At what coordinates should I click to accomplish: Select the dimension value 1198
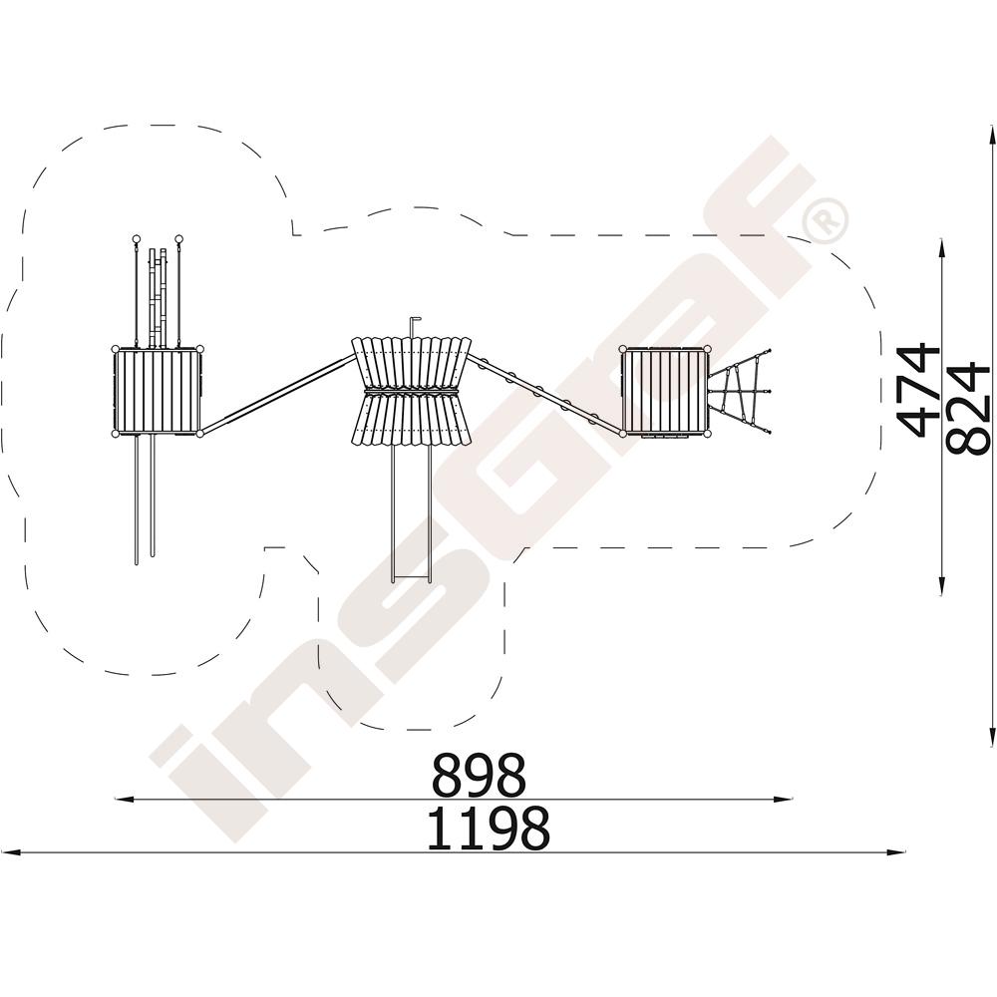pos(488,829)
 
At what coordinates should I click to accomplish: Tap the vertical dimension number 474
pos(917,391)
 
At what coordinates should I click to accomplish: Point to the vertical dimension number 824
pos(967,409)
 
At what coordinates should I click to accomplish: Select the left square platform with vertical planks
pos(158,391)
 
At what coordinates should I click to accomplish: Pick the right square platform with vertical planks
pos(665,391)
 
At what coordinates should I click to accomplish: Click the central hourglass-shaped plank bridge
pos(412,391)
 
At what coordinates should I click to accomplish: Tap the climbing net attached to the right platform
pos(742,392)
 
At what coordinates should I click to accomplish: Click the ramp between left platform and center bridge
pos(277,394)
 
